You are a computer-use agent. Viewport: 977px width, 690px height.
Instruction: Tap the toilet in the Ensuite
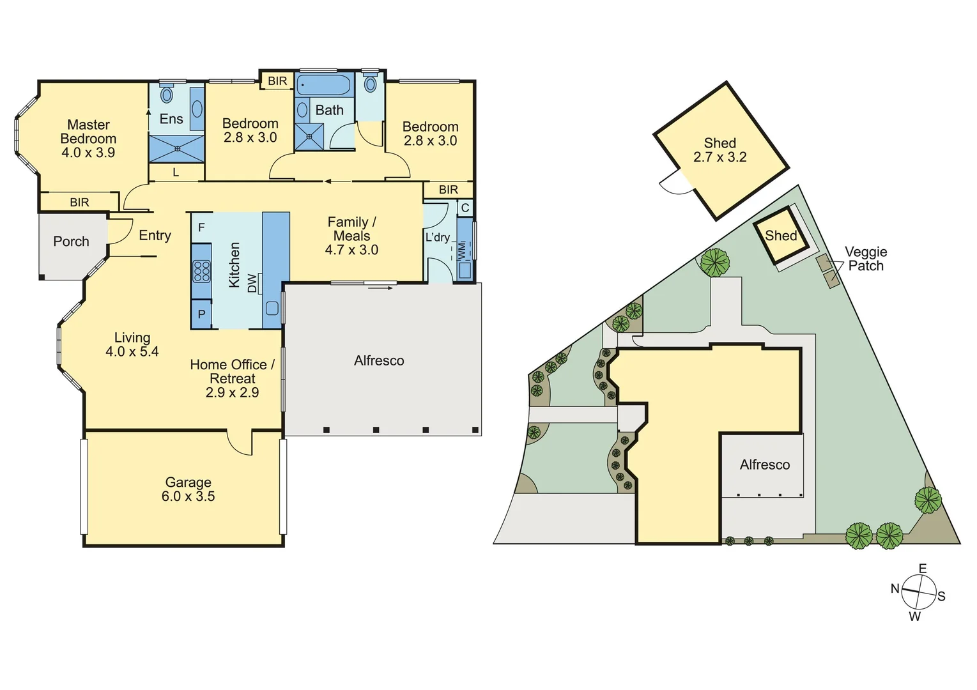pos(167,95)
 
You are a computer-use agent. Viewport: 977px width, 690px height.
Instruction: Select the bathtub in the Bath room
pos(324,85)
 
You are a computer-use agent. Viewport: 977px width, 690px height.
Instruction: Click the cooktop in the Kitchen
pos(202,272)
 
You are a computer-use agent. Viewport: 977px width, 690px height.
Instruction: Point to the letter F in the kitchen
pos(201,227)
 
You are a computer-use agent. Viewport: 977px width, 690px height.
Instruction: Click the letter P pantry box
pos(201,314)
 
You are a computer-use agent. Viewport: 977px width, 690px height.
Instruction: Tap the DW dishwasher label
pos(252,283)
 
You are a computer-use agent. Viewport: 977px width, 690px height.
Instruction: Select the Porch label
pos(71,241)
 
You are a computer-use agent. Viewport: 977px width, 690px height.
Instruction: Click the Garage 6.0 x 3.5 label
pos(188,489)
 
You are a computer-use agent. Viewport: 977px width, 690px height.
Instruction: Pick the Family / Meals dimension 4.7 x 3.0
pos(351,250)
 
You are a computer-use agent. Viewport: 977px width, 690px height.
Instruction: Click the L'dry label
pos(438,238)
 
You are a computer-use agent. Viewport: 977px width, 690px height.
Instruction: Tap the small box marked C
pos(465,208)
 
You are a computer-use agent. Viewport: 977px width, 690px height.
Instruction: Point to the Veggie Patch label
pos(866,259)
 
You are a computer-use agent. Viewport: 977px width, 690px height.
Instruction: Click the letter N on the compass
pos(895,588)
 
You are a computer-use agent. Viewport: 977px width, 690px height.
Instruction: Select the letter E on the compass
pos(922,569)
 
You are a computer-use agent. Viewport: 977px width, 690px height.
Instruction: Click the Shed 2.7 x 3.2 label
pos(720,150)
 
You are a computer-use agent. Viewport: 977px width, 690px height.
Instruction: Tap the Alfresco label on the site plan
pos(765,465)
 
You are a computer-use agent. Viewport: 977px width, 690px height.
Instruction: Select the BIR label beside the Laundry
pos(449,190)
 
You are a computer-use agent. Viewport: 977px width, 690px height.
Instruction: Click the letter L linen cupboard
pos(176,172)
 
